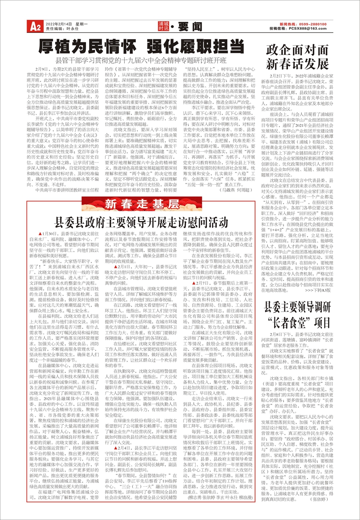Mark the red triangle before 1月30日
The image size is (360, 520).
[x=40, y=235]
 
